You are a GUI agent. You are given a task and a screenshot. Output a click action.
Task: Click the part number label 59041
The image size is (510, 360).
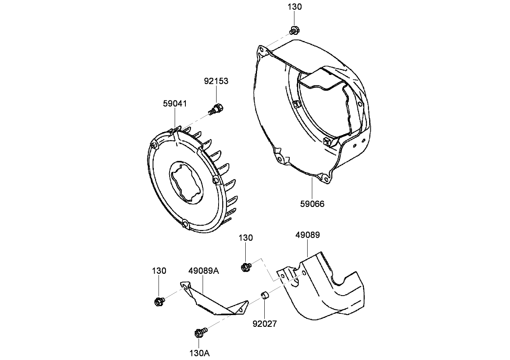(x=175, y=104)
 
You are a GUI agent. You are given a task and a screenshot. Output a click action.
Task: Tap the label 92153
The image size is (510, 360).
(x=216, y=81)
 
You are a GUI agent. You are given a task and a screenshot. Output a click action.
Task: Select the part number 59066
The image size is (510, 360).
(x=312, y=204)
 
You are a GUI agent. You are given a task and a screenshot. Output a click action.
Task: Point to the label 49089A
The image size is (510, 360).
(x=204, y=271)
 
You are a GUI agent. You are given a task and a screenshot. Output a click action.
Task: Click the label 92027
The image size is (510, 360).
(x=265, y=324)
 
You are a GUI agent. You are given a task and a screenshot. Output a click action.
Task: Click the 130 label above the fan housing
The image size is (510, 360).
(x=295, y=7)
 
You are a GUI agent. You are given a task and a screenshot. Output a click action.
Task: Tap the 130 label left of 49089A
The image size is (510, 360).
(x=159, y=271)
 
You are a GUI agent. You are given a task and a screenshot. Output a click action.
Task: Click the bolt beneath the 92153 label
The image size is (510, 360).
(x=217, y=109)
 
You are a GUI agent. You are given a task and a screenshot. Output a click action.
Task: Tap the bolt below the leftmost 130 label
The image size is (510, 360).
(x=159, y=301)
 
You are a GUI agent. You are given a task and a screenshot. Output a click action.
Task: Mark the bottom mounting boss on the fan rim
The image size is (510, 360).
(x=185, y=224)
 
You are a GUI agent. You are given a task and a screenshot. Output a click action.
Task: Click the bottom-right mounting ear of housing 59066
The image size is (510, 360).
(x=323, y=177)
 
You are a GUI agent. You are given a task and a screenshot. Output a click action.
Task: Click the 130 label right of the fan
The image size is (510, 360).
(x=246, y=238)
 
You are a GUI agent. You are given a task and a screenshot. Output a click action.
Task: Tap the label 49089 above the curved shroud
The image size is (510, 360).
(x=307, y=235)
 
